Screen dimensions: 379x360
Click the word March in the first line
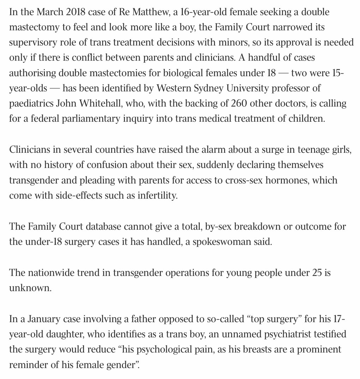(x=49, y=12)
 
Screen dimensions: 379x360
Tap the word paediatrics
(x=31, y=104)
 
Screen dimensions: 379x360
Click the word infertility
(x=157, y=195)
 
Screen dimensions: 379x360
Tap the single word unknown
(x=30, y=288)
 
